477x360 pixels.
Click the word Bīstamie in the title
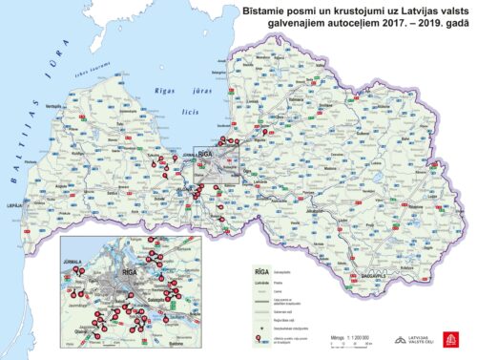262,9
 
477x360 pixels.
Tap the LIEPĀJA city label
12,203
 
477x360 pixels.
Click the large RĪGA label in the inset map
124,276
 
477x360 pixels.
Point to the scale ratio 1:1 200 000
348,337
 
